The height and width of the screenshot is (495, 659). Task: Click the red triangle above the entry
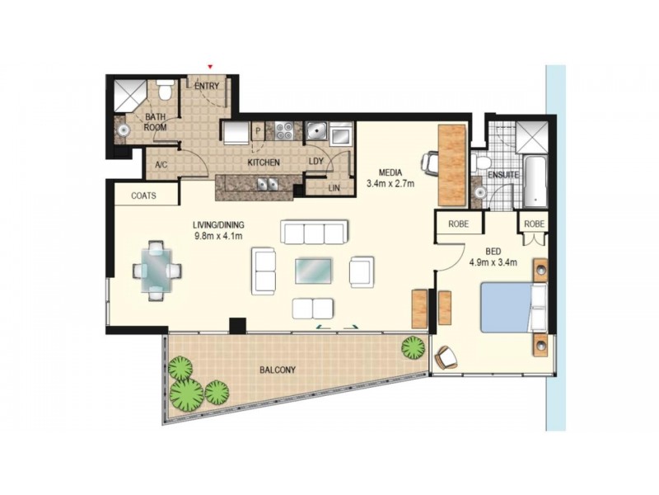(211, 67)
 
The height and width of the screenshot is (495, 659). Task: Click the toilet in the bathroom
(166, 89)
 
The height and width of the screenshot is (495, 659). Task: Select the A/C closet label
(161, 164)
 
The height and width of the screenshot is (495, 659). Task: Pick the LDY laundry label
(315, 162)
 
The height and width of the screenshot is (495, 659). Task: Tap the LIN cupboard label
(334, 189)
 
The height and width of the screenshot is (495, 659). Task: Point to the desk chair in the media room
(430, 162)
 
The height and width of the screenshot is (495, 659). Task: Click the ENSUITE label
(502, 175)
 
